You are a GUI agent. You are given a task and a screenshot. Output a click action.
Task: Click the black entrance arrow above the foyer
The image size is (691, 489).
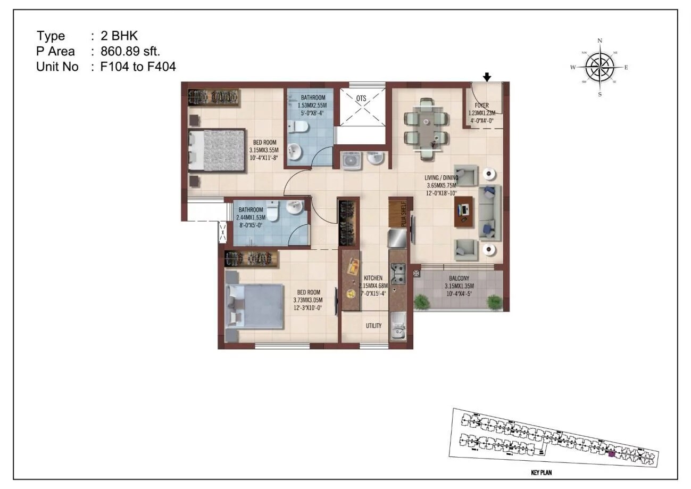[487, 78]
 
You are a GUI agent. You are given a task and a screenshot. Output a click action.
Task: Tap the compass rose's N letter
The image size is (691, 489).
[600, 40]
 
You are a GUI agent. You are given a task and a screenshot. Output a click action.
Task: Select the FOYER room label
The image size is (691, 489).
[482, 105]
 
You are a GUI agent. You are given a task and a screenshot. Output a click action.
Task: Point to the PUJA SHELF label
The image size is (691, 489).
[404, 215]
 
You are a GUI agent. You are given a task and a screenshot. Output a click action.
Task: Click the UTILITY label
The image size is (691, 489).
[373, 325]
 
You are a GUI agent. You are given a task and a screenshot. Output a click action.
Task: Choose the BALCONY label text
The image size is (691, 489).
[459, 278]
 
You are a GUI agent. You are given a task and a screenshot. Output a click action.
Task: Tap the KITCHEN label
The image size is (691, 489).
[373, 278]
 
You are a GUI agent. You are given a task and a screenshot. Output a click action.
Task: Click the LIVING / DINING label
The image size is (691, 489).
[442, 178]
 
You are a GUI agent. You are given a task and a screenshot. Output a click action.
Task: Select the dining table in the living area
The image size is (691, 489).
[426, 128]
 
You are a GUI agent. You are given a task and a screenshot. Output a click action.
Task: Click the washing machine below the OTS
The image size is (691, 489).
[351, 159]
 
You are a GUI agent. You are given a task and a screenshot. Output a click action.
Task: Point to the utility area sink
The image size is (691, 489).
[397, 330]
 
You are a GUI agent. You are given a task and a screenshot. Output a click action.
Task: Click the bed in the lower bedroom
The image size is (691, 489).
[254, 306]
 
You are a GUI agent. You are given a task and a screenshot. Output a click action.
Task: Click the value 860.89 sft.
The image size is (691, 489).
[130, 51]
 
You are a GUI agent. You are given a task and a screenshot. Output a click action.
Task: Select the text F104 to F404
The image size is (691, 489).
[138, 67]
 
